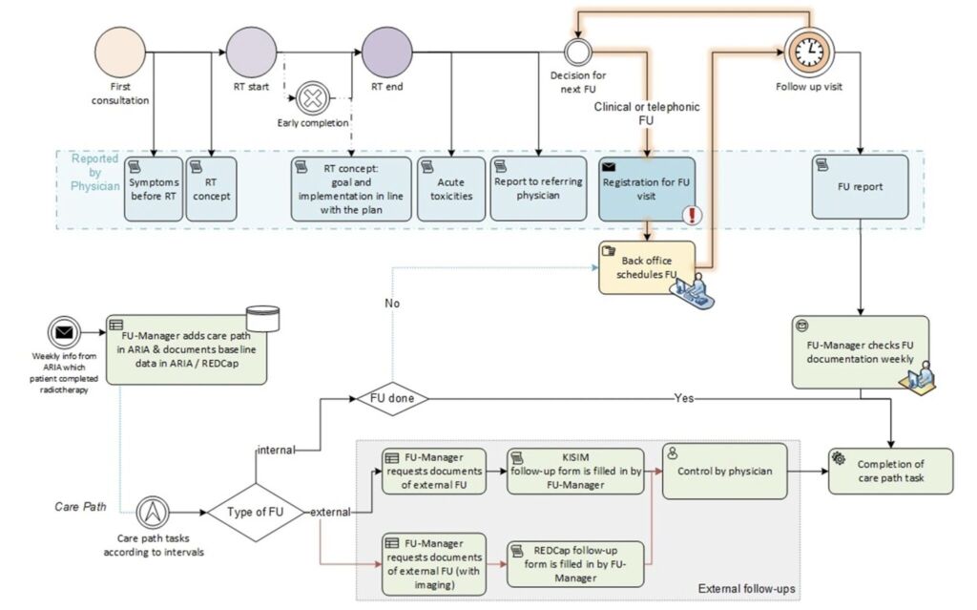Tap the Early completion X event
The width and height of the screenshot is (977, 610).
(x=312, y=97)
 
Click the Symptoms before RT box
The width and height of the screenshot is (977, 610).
(x=153, y=189)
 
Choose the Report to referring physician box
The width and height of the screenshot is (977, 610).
(x=539, y=189)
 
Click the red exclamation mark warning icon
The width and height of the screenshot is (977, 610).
(x=693, y=215)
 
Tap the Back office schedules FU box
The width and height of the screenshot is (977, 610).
(x=649, y=266)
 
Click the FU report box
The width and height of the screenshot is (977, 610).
(x=860, y=189)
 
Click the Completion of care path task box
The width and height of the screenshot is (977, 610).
(x=889, y=471)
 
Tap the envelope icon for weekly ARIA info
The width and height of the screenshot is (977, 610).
(x=66, y=334)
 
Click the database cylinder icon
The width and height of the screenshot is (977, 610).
(x=262, y=319)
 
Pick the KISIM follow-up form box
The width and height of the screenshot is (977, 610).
(x=574, y=471)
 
